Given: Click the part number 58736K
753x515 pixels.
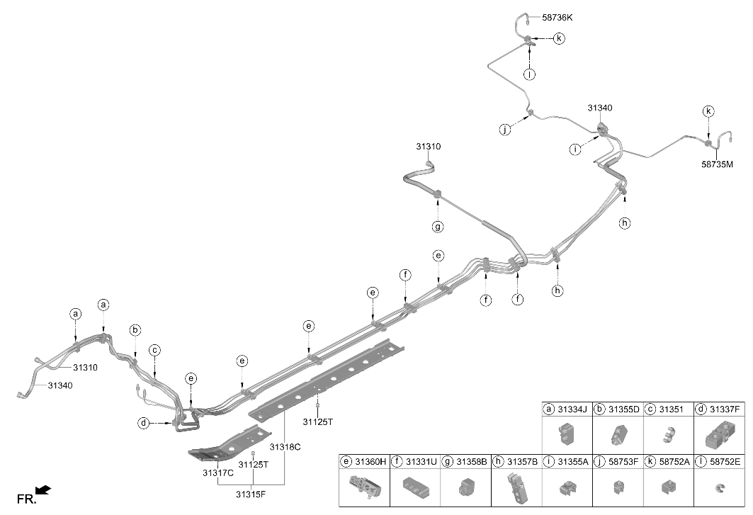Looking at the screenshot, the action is [x=557, y=18].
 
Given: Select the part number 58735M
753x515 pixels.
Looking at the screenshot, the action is [x=717, y=164].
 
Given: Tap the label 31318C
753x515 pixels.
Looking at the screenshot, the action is [x=285, y=447].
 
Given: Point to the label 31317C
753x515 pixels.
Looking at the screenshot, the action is [x=218, y=472].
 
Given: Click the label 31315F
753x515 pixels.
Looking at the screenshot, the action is [x=251, y=494].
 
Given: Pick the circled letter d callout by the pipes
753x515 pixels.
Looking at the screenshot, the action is [x=144, y=423].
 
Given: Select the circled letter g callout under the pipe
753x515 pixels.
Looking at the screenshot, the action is [x=438, y=226].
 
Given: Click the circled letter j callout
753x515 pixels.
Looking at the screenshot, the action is [x=505, y=129].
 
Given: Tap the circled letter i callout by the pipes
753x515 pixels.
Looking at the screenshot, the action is [x=574, y=149].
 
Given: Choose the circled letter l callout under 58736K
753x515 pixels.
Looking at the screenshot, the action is [x=529, y=74].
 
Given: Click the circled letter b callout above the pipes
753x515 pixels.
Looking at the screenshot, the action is [x=135, y=330].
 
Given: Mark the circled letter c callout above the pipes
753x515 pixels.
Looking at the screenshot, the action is [x=154, y=350].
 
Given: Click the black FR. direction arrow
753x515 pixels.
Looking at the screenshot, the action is [x=44, y=490].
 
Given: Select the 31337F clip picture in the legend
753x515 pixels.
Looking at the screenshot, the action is [x=720, y=435].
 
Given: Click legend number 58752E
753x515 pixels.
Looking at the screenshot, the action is [x=725, y=462].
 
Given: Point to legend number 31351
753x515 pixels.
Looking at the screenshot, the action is [x=671, y=409].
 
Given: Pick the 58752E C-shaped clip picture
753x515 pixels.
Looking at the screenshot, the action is [x=720, y=489].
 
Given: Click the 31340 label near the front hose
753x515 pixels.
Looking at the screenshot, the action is [x=60, y=385].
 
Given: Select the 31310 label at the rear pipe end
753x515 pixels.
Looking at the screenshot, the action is [x=429, y=147].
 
